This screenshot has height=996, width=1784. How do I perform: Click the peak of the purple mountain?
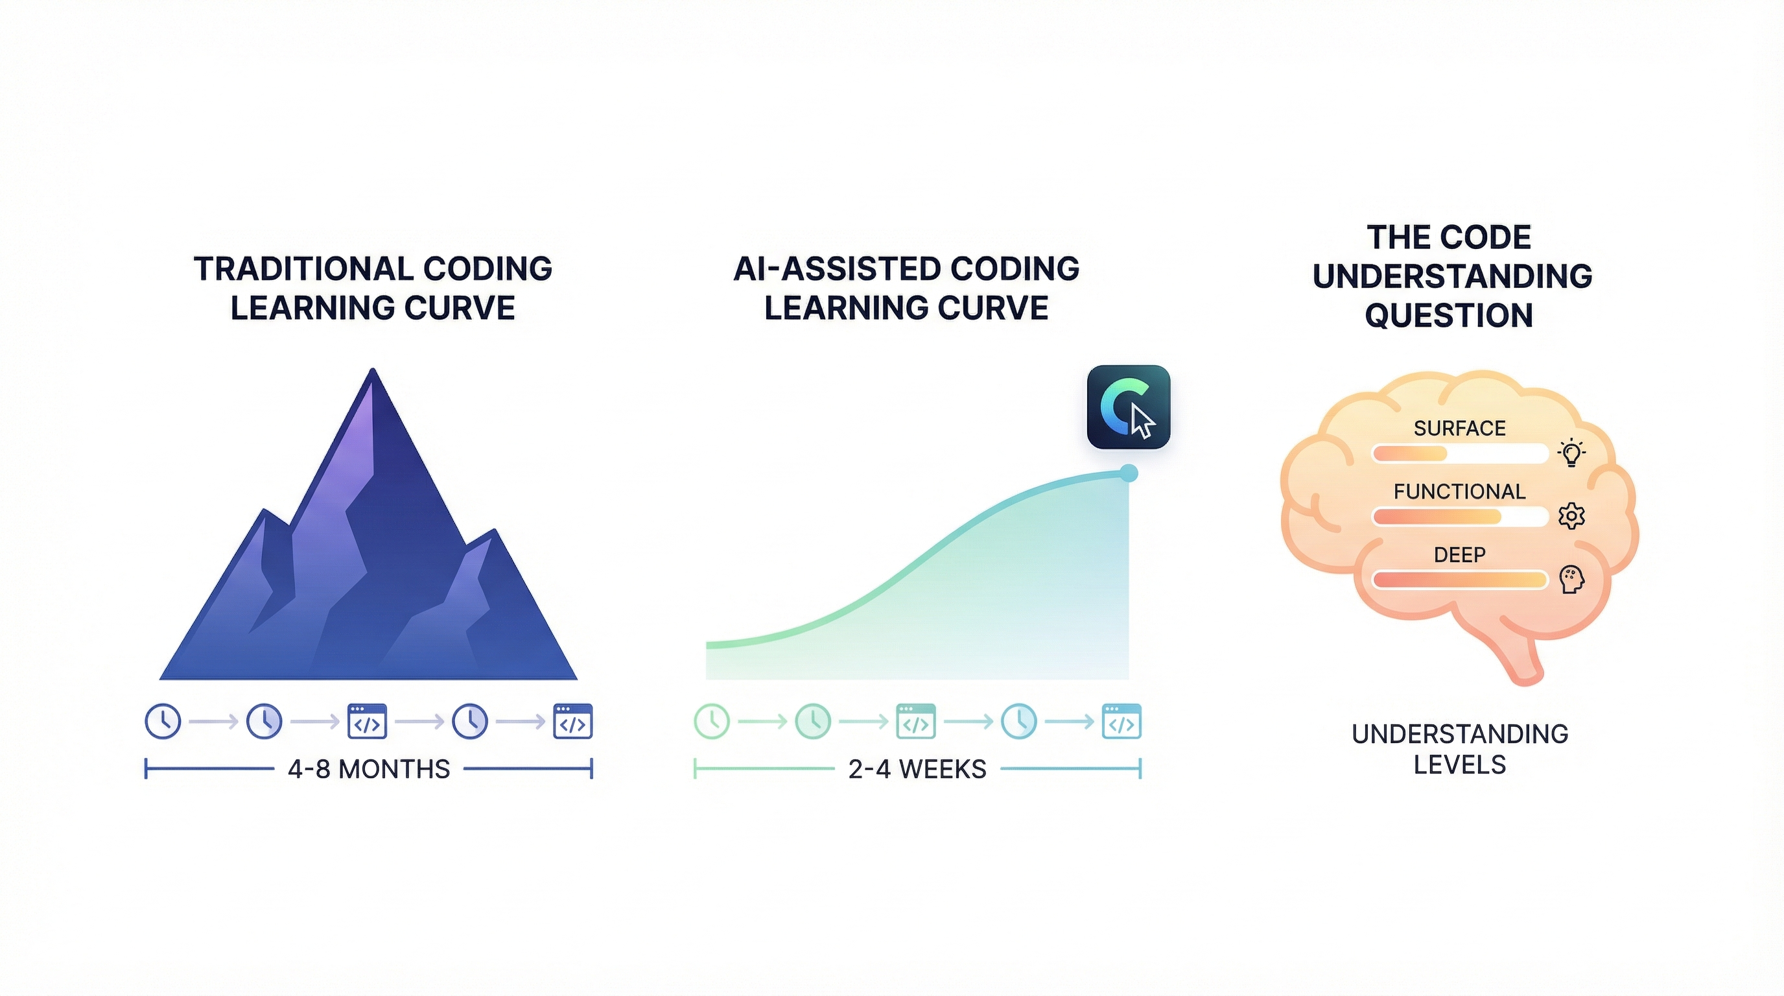click(373, 374)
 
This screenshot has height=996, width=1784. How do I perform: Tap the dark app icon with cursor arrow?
click(1128, 407)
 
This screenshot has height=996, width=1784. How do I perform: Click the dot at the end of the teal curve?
click(1128, 473)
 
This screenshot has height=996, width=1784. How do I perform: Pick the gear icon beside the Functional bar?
click(1571, 516)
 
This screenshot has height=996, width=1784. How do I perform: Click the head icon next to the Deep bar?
click(1571, 579)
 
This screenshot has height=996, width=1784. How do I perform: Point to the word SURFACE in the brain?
click(1459, 429)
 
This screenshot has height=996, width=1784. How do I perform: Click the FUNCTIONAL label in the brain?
click(1459, 492)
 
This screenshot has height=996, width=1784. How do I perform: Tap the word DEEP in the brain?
click(1459, 555)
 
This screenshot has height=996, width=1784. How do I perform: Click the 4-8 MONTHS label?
click(368, 770)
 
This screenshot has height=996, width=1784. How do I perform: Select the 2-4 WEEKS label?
click(917, 770)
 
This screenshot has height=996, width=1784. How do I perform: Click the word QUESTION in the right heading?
click(1449, 315)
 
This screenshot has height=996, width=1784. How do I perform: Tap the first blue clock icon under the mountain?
click(163, 721)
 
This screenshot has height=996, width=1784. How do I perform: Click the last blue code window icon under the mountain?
click(573, 722)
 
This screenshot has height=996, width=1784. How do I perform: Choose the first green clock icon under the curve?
click(712, 721)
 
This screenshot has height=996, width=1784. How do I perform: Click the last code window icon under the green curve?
click(1121, 722)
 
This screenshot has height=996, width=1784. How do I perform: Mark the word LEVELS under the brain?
click(1459, 765)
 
